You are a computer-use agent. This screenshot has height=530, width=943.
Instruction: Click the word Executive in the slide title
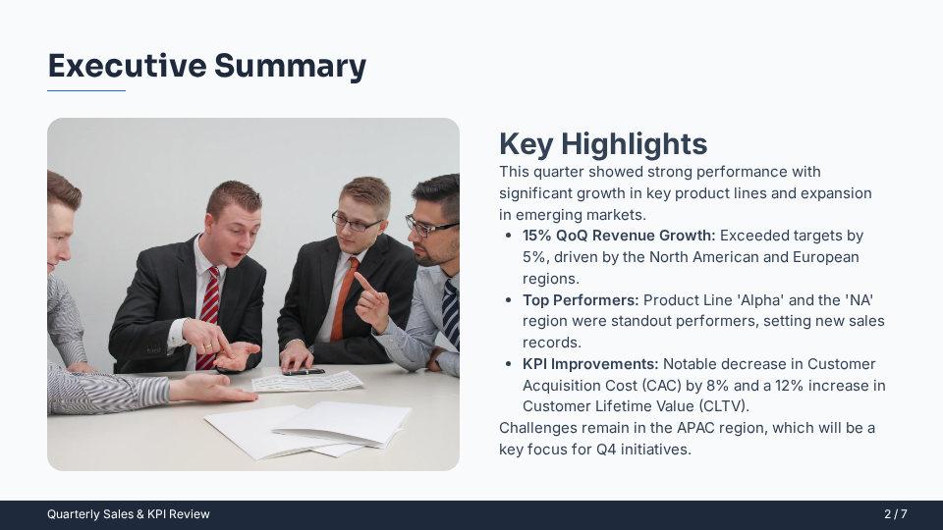[x=127, y=66]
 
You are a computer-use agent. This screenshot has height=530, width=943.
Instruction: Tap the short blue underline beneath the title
[x=86, y=90]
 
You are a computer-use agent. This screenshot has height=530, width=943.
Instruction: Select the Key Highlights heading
[x=602, y=144]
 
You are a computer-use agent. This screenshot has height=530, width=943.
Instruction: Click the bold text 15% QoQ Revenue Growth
[x=619, y=236]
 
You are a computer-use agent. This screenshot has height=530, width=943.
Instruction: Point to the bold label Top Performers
[x=581, y=299]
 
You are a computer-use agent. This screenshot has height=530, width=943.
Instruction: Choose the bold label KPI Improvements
[x=590, y=364]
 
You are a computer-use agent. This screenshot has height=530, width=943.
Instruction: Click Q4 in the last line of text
[x=609, y=450]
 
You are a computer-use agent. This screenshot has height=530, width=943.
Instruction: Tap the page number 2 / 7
[x=895, y=514]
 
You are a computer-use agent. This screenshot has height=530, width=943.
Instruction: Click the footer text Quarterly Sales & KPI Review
[x=129, y=514]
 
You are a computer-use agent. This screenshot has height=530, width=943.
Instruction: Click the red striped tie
[x=209, y=314]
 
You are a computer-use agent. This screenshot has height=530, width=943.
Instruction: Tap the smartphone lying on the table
[x=304, y=372]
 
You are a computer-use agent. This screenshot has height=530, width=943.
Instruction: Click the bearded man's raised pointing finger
[x=362, y=283]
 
